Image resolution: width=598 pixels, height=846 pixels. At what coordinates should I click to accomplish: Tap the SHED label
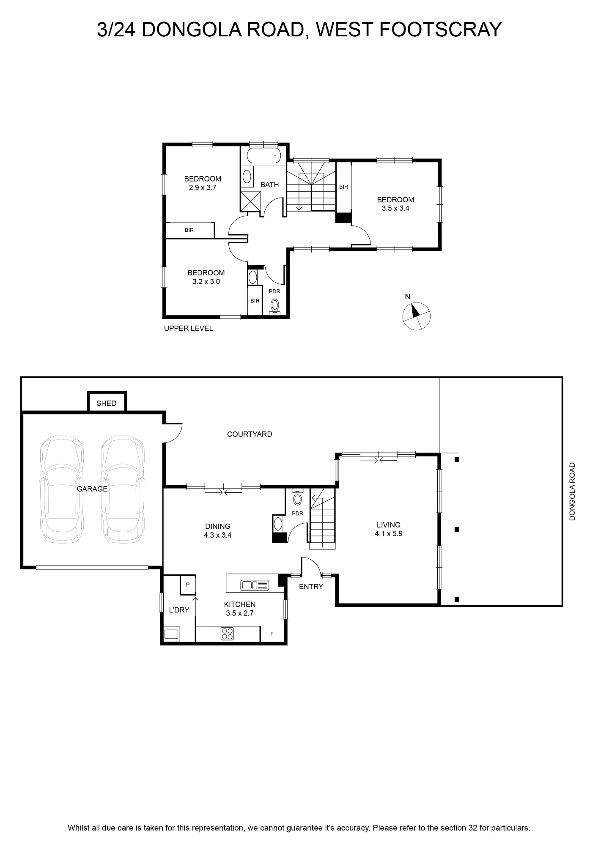pyautogui.click(x=106, y=403)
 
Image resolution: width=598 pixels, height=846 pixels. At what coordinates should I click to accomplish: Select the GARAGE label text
pyautogui.click(x=92, y=489)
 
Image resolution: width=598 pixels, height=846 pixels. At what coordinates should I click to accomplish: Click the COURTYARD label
pyautogui.click(x=250, y=434)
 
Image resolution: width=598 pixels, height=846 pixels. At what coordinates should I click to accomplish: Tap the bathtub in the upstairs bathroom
pyautogui.click(x=263, y=157)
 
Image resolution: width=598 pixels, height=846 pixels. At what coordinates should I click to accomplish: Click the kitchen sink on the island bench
pyautogui.click(x=255, y=585)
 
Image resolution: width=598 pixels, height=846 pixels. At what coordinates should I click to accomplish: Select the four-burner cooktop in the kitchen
pyautogui.click(x=227, y=634)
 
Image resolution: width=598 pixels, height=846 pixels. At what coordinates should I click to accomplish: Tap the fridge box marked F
pyautogui.click(x=272, y=634)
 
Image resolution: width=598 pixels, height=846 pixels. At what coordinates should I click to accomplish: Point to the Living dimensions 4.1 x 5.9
pyautogui.click(x=389, y=534)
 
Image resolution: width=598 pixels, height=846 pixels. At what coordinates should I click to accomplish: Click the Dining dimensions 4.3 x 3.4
pyautogui.click(x=218, y=535)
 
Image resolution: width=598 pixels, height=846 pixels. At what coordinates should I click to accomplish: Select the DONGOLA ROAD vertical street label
pyautogui.click(x=573, y=492)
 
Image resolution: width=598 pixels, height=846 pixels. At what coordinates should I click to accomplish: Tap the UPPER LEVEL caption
pyautogui.click(x=189, y=328)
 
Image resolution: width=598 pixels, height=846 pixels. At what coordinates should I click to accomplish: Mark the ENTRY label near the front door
pyautogui.click(x=311, y=587)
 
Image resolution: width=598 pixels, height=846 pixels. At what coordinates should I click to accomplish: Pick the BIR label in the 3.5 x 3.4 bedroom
pyautogui.click(x=343, y=187)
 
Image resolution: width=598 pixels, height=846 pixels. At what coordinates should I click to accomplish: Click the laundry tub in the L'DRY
pyautogui.click(x=171, y=634)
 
